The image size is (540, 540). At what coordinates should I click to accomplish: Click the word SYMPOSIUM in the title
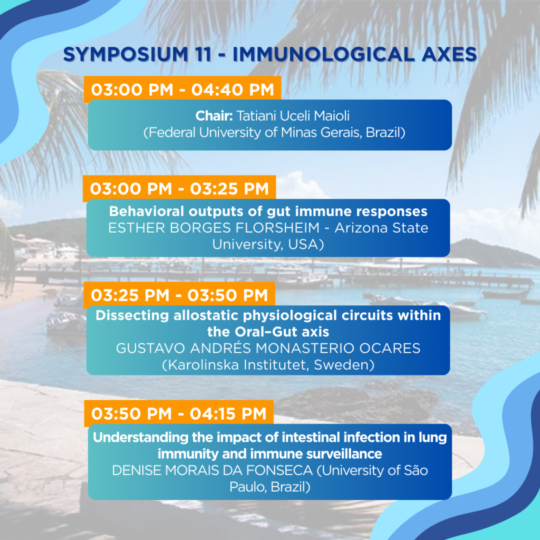point(126,54)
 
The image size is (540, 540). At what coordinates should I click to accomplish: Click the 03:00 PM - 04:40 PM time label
point(182,90)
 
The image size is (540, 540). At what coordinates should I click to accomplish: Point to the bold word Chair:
point(214,116)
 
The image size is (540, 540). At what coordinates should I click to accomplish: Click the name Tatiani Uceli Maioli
point(293,116)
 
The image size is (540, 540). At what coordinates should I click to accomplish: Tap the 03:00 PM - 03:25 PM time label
point(179,189)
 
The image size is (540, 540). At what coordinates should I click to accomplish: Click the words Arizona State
point(381,228)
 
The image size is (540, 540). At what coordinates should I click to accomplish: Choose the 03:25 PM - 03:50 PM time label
point(179,295)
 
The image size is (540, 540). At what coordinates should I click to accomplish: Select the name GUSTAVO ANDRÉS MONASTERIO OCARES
point(268,349)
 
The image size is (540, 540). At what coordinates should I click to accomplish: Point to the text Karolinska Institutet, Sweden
point(268,365)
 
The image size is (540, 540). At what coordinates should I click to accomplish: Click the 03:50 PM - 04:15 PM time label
point(179,413)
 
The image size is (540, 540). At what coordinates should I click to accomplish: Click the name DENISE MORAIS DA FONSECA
point(212,470)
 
